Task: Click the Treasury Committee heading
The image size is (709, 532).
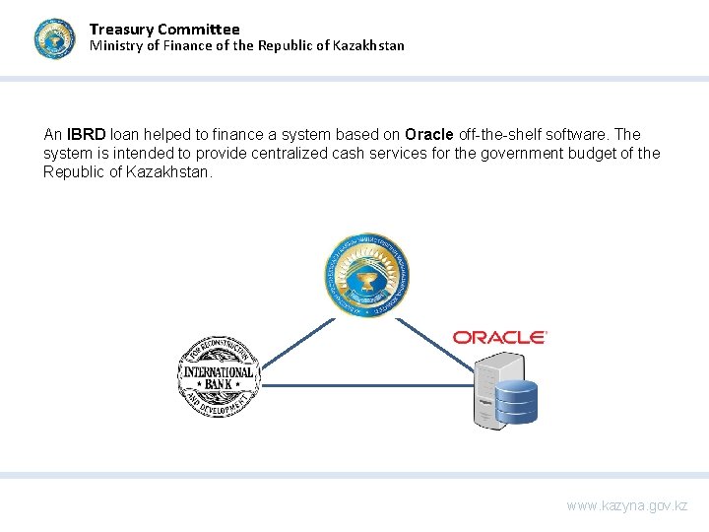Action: tap(164, 30)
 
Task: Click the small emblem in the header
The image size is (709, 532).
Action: tap(54, 39)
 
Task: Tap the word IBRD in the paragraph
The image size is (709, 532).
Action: tap(87, 134)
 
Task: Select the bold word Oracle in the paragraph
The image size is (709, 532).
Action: tap(428, 134)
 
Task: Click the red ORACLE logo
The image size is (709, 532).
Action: tap(499, 337)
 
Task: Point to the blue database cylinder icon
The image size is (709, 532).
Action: tap(516, 402)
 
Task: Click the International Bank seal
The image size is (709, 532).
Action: tap(218, 376)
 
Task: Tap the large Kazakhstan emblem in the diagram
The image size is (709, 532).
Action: tap(367, 275)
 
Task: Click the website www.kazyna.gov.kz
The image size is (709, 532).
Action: tap(627, 505)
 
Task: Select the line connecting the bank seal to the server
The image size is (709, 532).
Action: tap(364, 385)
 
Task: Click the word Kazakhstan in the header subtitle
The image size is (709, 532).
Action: tap(363, 45)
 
